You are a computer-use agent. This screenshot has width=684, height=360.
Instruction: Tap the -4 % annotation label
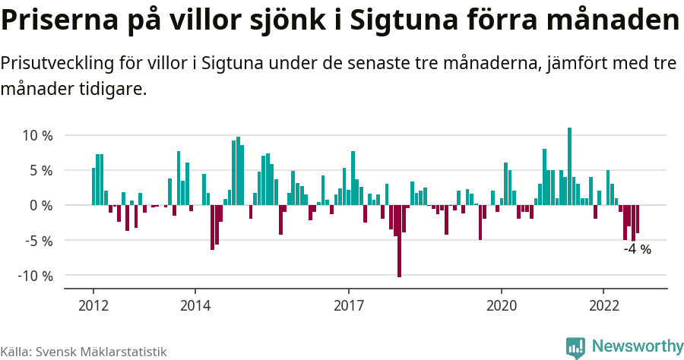[637, 249]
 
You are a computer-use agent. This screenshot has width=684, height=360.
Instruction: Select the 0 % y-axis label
[40, 206]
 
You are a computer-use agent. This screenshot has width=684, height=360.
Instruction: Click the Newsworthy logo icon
[575, 347]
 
